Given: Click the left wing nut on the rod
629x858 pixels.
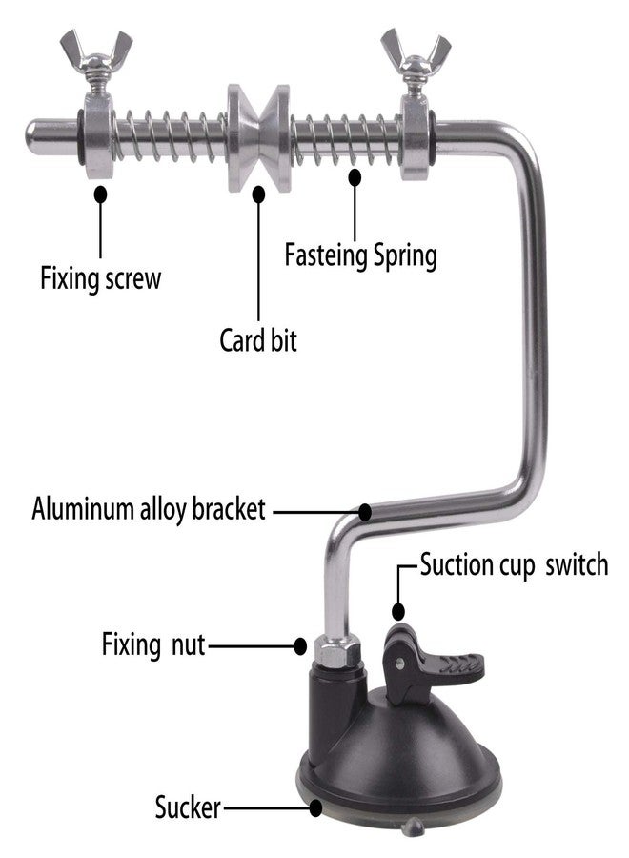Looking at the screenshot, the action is (96, 53).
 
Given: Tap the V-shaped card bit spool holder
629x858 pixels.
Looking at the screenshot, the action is (258, 137).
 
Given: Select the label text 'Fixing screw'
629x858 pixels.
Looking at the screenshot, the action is (101, 278).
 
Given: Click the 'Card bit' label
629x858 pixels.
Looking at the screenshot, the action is (258, 339).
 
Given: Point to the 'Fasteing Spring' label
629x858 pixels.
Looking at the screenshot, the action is (361, 255).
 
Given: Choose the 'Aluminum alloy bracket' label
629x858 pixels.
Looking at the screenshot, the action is (149, 508).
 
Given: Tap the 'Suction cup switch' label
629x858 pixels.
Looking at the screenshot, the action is (514, 564).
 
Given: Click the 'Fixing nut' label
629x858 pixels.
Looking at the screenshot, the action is (153, 644).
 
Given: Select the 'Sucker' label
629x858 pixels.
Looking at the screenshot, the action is (188, 807).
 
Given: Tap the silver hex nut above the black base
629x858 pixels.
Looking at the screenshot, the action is (338, 649).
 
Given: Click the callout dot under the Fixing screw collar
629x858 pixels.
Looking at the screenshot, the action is (100, 194).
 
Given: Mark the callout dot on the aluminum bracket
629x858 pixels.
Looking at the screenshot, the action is (365, 512).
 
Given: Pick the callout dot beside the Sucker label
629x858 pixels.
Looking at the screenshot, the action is (315, 807).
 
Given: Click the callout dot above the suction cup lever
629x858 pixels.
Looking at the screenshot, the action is (398, 611).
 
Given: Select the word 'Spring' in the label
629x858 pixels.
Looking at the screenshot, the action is (405, 256).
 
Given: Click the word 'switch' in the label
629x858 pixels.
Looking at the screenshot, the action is (577, 564).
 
